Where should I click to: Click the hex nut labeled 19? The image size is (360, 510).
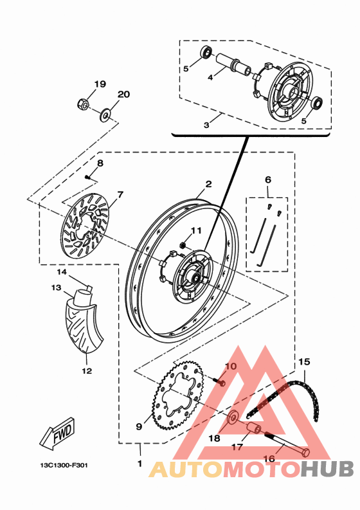84,104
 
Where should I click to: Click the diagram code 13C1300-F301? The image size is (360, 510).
64,465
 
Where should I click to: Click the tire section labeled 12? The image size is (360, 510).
84,327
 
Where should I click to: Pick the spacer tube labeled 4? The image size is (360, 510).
233,65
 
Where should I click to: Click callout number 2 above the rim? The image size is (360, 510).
208,184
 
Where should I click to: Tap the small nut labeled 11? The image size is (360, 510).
183,244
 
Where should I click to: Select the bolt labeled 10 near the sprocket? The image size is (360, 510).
219,381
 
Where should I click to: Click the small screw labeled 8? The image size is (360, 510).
87,177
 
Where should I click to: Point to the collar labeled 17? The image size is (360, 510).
253,429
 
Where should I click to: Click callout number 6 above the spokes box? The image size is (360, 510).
268,179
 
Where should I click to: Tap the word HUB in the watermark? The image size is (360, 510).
327,469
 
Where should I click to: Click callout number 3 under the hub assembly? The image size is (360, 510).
207,125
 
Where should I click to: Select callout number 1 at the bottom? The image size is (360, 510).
140,464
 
